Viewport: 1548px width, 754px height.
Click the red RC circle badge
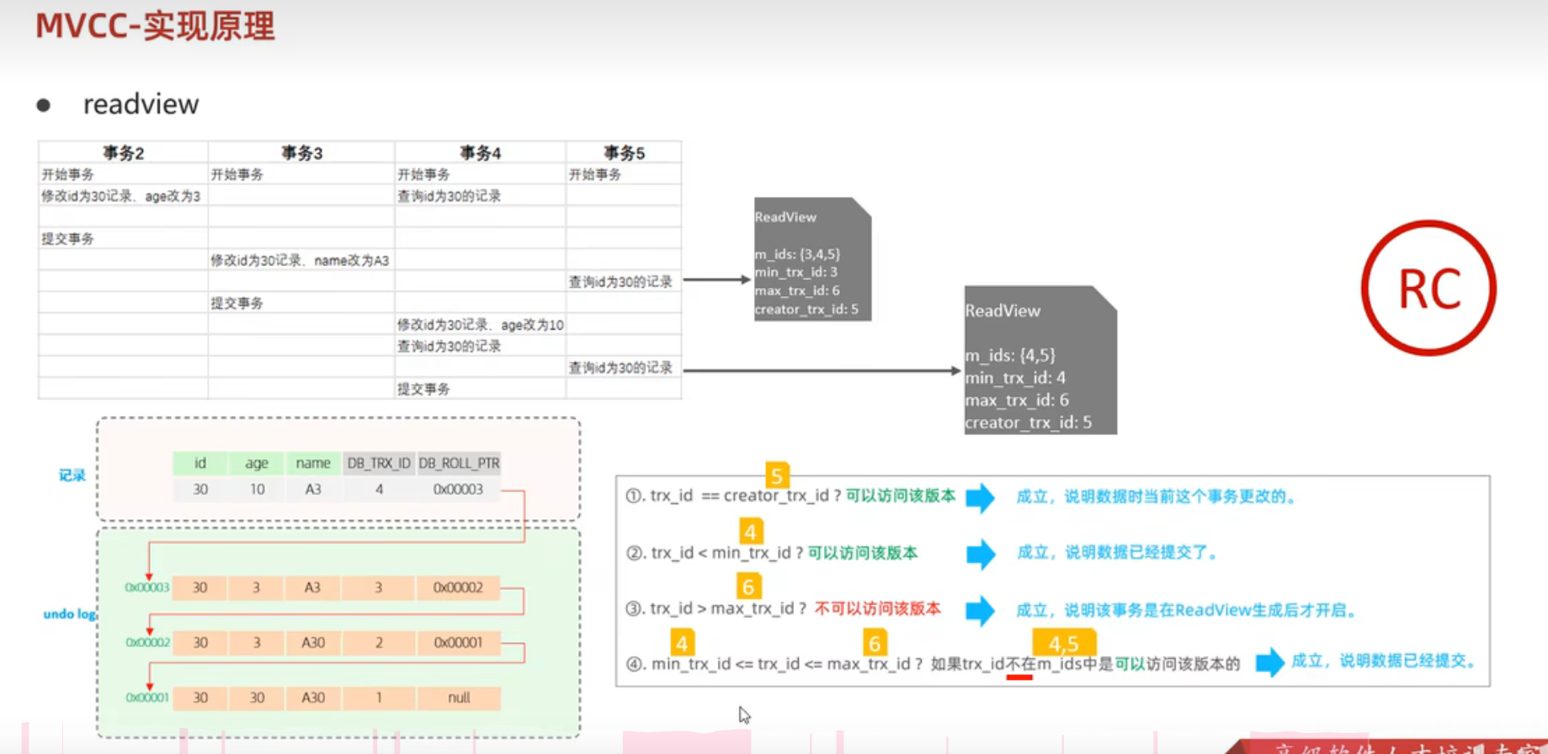1428,289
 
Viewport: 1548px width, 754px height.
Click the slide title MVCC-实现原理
155,26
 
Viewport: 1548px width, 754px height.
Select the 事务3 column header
301,153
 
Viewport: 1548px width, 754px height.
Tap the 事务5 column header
624,153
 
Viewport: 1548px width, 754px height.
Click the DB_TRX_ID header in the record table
379,463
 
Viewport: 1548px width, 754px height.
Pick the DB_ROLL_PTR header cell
459,463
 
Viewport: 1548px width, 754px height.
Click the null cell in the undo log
459,698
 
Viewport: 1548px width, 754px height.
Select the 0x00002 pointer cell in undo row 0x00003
458,587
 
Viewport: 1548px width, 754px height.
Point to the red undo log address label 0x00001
146,698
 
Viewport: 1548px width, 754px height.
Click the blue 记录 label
72,475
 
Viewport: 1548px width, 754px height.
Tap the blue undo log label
69,614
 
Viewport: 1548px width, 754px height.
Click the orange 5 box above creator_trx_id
777,475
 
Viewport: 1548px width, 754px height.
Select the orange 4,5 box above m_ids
1063,644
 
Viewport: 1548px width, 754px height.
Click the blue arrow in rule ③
980,610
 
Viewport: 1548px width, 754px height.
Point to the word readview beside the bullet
141,104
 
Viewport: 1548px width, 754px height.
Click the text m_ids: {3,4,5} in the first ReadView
797,254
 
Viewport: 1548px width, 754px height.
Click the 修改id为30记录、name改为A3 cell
300,261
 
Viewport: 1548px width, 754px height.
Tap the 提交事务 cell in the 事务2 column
68,239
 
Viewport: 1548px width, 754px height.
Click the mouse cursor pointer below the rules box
743,714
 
